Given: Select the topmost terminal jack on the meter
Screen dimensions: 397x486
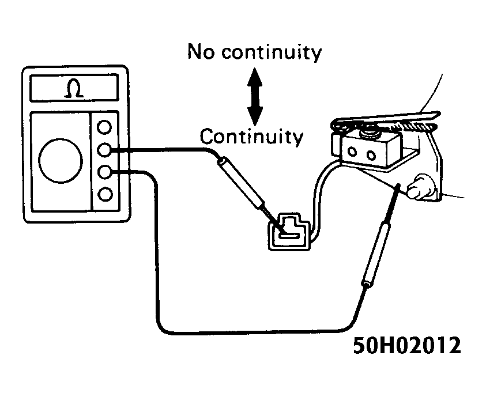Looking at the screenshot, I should point(104,127).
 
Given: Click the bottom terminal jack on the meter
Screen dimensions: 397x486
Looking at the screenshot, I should point(104,194).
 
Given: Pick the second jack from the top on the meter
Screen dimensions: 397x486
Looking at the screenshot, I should point(104,150).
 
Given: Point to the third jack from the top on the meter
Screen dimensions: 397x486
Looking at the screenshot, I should point(104,172).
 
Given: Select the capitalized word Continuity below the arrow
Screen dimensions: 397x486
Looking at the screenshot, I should point(251,137).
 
